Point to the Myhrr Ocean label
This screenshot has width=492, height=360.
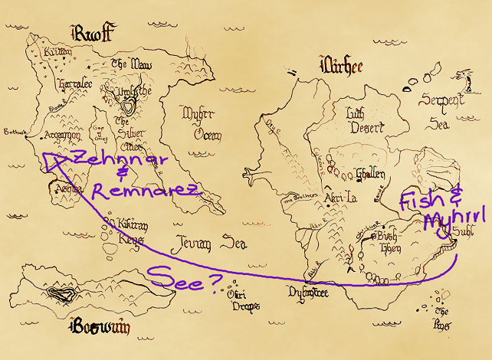click(x=202, y=123)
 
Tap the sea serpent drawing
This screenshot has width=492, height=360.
click(x=461, y=77)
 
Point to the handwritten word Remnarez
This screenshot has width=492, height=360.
click(x=146, y=189)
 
